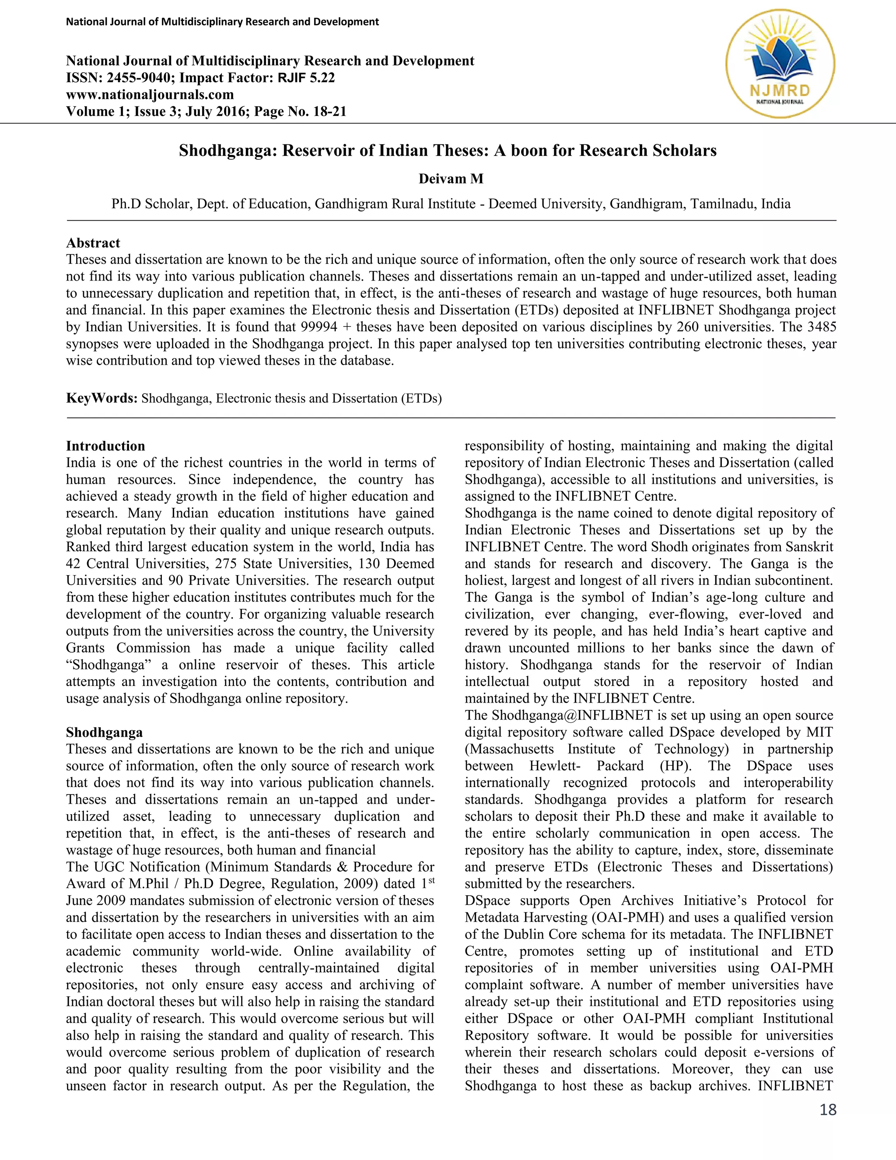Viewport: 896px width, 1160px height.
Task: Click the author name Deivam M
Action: (451, 179)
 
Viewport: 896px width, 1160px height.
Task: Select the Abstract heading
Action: (93, 243)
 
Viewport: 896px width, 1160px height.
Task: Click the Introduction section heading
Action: (105, 446)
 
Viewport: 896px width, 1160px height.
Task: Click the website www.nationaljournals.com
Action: (150, 95)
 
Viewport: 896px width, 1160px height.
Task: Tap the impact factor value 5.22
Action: (322, 77)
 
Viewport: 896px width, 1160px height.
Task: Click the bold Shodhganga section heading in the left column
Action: (104, 732)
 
